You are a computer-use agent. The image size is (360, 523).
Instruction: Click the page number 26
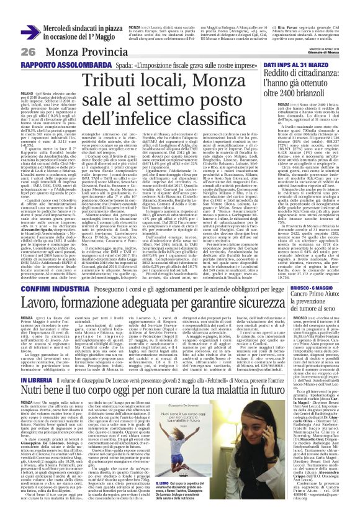13,34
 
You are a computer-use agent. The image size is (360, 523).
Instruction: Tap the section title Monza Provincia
65,34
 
